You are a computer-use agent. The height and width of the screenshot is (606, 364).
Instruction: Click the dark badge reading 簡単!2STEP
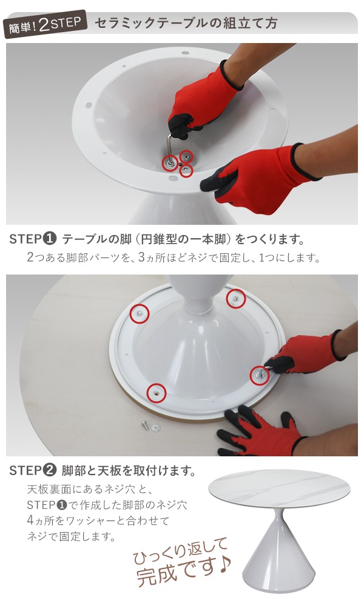(45, 24)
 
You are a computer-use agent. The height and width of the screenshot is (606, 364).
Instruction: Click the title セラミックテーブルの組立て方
(186, 23)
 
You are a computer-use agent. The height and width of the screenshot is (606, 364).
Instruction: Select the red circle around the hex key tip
(170, 162)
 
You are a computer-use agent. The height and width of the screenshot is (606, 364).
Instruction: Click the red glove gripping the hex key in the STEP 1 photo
(200, 102)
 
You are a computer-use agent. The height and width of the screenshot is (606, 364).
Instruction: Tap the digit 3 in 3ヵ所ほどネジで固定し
(141, 258)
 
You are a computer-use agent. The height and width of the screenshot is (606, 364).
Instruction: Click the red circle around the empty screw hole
(157, 393)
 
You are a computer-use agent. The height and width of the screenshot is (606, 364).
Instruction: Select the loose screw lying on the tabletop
(144, 424)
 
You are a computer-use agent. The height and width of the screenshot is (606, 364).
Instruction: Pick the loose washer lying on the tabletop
(157, 427)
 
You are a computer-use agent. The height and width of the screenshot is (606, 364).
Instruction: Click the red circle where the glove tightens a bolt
(260, 375)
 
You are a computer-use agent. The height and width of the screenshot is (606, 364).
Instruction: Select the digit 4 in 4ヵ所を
(30, 521)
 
